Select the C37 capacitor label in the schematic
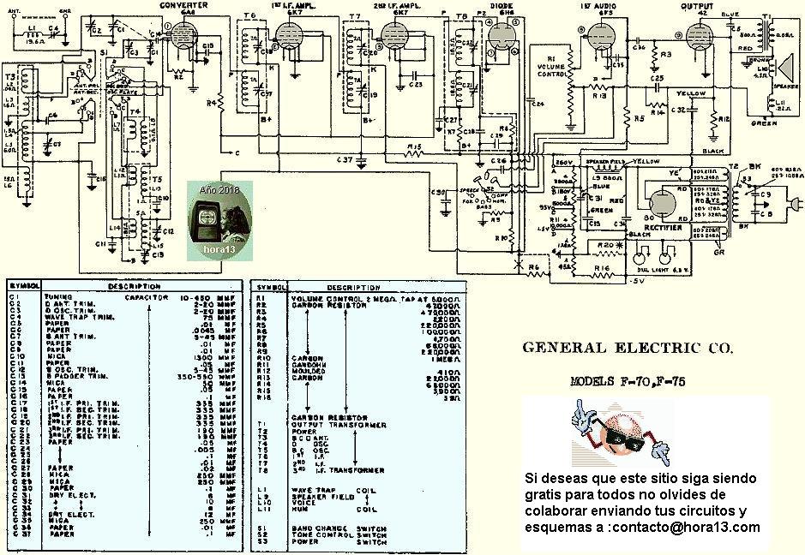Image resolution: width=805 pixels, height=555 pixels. click(345, 160)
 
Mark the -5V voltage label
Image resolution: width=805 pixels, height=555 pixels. click(635, 280)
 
